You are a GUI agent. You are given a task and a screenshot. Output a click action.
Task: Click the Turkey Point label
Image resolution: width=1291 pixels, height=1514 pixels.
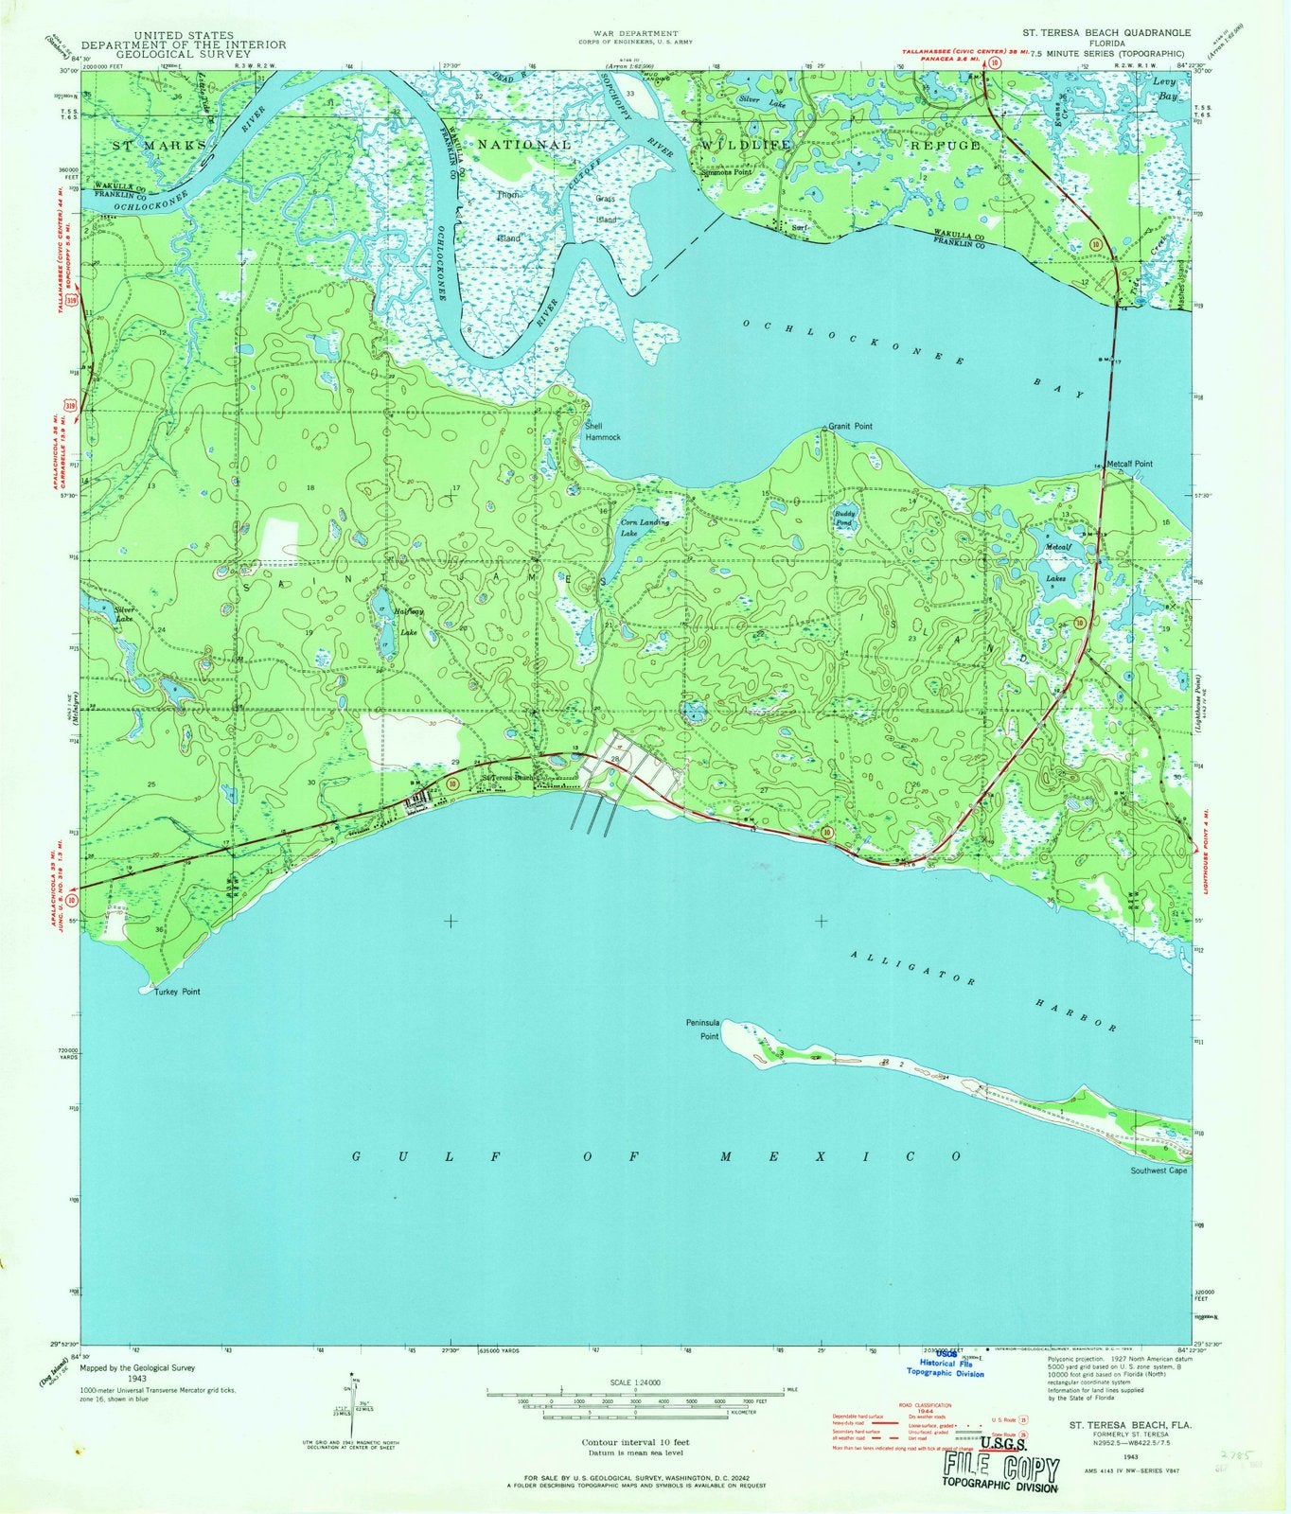click(171, 992)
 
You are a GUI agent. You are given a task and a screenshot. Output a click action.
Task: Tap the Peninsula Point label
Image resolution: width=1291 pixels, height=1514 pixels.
click(703, 1030)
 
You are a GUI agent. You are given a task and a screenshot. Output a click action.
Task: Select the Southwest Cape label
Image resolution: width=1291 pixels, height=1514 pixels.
click(1158, 1171)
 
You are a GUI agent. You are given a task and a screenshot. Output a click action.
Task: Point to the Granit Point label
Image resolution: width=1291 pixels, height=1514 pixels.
click(850, 427)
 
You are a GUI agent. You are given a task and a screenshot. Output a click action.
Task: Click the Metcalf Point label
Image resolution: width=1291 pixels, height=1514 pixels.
click(1130, 465)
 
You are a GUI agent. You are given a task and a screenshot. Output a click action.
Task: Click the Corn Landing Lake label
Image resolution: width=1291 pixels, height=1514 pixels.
click(644, 527)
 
